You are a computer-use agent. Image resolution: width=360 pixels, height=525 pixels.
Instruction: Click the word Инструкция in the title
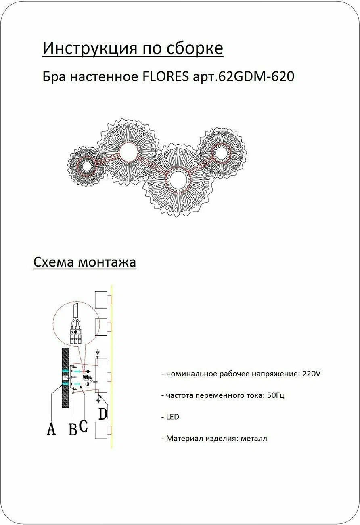tap(90, 48)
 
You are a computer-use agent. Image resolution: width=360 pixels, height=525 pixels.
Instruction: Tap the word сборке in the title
tap(195, 48)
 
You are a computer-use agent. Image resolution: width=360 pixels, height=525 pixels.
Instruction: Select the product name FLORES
tap(165, 76)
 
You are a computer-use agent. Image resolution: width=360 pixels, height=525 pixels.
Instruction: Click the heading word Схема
tap(53, 262)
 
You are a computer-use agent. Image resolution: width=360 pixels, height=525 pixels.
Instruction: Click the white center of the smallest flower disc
tap(87, 166)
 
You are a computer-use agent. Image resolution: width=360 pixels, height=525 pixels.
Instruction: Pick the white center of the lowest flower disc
tap(178, 180)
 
